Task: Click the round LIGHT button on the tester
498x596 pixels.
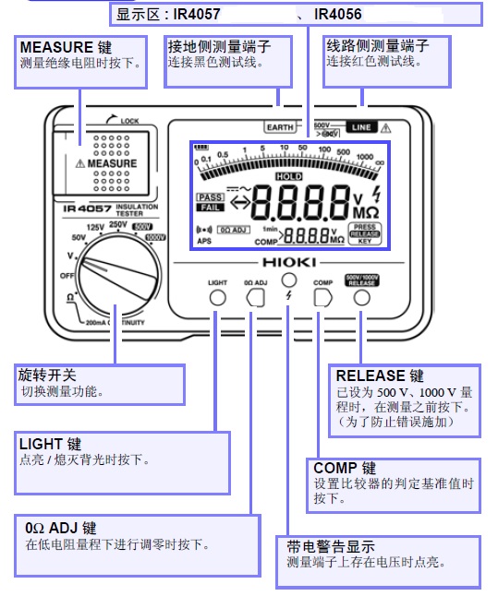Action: pos(218,298)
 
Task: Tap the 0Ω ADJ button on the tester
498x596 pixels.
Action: pos(255,298)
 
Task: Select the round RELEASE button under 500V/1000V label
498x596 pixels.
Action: pos(361,299)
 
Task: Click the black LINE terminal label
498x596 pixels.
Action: pos(360,128)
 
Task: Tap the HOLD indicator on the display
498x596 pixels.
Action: pos(289,175)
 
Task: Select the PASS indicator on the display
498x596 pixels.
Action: pos(210,197)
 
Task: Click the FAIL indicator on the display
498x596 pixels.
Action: pos(210,208)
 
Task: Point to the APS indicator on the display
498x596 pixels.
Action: pos(204,241)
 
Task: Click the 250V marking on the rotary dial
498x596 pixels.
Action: pos(118,224)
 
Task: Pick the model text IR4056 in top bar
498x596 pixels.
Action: pos(337,15)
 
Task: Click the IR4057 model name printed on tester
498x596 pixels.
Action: pos(85,207)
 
